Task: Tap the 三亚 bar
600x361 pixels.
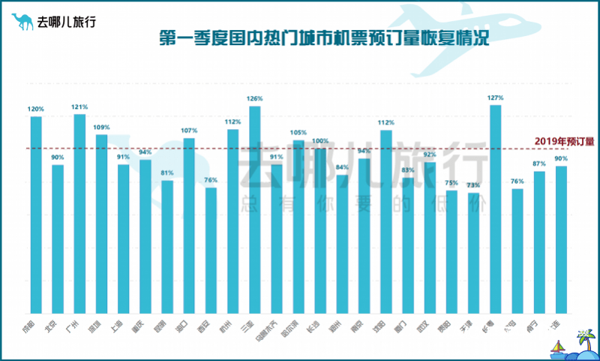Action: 255,209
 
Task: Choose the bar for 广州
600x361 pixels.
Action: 79,213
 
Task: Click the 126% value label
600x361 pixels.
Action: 255,98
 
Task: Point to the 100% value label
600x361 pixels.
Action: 320,141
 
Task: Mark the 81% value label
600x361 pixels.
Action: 167,173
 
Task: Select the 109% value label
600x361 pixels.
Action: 102,127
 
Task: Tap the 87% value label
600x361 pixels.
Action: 539,164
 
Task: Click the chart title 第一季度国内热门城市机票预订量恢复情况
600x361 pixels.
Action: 324,38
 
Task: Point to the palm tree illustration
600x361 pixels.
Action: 582,341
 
